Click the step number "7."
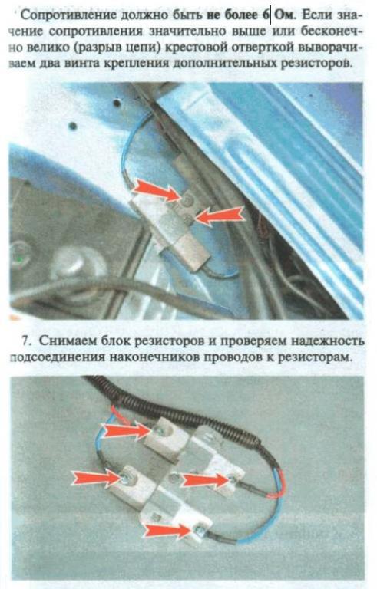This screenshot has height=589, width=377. click(x=26, y=341)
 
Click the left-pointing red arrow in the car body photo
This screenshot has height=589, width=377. click(x=220, y=216)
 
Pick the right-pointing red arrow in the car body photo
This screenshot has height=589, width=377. click(x=157, y=189)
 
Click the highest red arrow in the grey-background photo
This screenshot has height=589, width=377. click(x=127, y=430)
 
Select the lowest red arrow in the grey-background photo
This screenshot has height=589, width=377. click(x=170, y=531)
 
